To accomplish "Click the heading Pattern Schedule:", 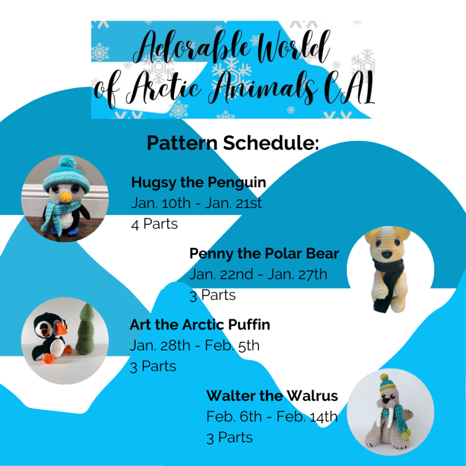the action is click(233, 143).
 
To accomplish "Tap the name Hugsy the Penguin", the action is click(198, 182).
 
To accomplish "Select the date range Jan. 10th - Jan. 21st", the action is click(197, 203).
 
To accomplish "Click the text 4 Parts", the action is click(154, 224).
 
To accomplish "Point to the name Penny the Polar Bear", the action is click(264, 253).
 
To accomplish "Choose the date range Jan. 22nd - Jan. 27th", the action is click(258, 274).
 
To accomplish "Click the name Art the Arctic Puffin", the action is click(200, 324).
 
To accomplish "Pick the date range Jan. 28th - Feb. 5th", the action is click(195, 346).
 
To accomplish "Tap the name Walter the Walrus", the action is click(272, 396).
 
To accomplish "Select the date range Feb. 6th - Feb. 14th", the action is click(272, 417).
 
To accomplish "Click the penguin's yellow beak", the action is click(65, 197).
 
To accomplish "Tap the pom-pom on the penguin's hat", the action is click(67, 162).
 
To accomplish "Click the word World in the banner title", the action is click(292, 47).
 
